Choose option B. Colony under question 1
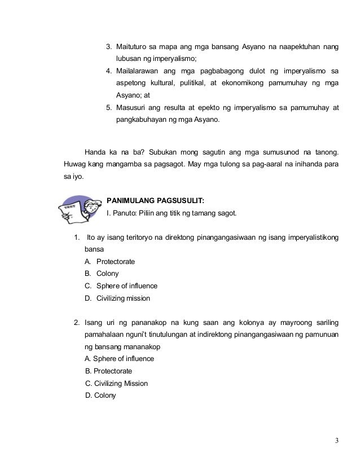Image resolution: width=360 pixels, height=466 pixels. [x=101, y=274]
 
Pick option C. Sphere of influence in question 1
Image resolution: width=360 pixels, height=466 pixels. [x=120, y=285]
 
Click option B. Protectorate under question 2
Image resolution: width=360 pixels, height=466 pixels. [x=108, y=371]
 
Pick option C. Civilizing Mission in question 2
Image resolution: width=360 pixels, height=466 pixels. [x=116, y=384]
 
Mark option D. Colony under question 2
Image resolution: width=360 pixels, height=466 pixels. [x=100, y=395]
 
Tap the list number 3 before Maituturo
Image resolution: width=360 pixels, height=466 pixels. [x=109, y=46]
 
